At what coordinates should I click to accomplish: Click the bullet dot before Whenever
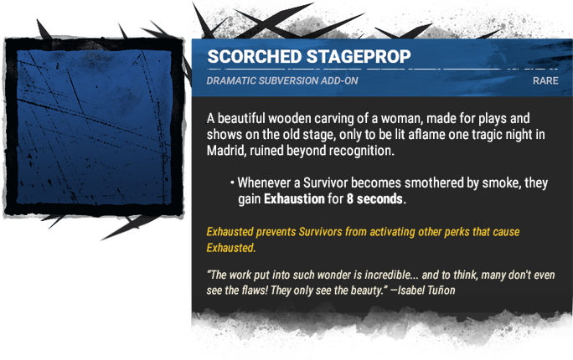point(231,183)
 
